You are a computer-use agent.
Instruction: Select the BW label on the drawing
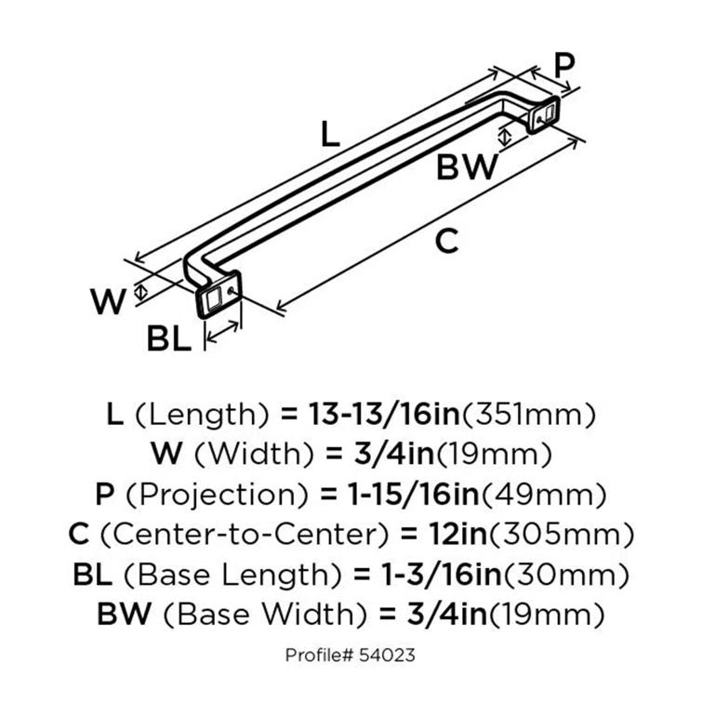469,167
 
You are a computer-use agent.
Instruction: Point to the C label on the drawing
447,242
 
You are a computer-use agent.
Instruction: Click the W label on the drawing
108,302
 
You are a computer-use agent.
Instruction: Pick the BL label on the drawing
169,339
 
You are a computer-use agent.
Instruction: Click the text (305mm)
566,535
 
